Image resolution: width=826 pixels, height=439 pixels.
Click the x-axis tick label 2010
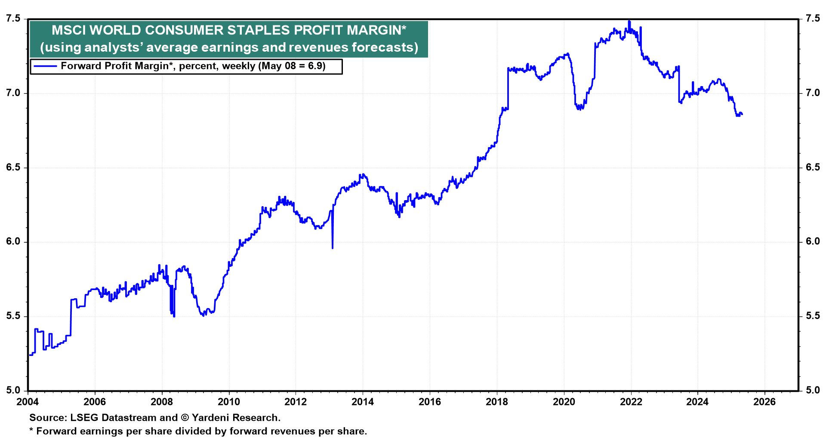[228, 402]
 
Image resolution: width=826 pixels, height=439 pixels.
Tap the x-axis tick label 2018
[496, 402]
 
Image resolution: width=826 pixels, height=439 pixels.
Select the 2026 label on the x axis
[764, 402]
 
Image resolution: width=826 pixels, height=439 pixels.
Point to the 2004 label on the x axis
[28, 402]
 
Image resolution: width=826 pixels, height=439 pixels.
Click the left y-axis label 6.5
[13, 167]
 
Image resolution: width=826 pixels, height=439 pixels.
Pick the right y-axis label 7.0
[813, 93]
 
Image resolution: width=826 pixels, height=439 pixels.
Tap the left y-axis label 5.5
[13, 316]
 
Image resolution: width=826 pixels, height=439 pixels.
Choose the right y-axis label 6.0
[813, 241]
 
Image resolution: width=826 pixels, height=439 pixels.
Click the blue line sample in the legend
[45, 66]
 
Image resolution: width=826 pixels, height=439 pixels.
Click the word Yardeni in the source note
[211, 417]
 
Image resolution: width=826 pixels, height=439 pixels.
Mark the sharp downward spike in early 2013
[333, 247]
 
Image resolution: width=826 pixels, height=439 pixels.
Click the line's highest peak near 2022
[629, 21]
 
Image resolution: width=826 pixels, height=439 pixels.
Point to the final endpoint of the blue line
[742, 114]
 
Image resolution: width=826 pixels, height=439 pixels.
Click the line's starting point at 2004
[29, 355]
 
